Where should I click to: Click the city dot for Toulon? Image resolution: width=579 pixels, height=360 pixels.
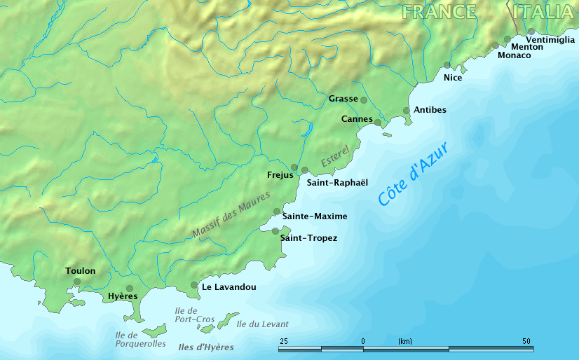(x=77, y=282)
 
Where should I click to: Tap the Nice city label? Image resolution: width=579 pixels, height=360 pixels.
(x=453, y=77)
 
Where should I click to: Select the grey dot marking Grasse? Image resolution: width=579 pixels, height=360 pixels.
(x=363, y=100)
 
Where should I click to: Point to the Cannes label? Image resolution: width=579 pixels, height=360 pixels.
(x=356, y=119)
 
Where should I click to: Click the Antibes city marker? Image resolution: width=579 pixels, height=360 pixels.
(x=407, y=111)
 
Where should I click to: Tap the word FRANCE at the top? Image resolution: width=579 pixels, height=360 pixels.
(x=440, y=12)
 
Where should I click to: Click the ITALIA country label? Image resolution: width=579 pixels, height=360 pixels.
(x=543, y=12)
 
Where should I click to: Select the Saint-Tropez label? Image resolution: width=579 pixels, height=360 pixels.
(x=308, y=238)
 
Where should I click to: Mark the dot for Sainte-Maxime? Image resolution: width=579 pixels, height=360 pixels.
(x=277, y=212)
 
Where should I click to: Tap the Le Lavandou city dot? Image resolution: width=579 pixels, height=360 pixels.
(x=194, y=285)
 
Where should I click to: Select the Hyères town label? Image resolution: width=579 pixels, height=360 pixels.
(x=123, y=296)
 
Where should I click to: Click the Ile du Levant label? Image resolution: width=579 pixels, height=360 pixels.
(x=262, y=324)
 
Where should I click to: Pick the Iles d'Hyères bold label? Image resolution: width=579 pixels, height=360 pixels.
(x=205, y=347)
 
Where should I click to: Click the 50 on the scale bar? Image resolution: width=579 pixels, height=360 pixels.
(x=526, y=341)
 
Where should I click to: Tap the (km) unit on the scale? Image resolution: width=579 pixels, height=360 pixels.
(x=405, y=341)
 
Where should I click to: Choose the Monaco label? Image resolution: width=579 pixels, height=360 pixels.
(x=514, y=55)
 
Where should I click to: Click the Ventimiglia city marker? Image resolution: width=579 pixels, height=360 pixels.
(x=531, y=32)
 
